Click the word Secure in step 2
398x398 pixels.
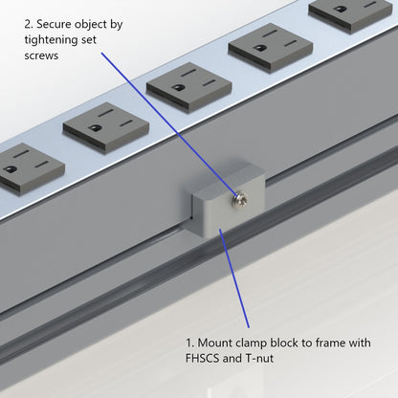58,21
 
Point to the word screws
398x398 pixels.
43,56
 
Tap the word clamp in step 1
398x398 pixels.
261,343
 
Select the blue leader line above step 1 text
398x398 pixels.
237,282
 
